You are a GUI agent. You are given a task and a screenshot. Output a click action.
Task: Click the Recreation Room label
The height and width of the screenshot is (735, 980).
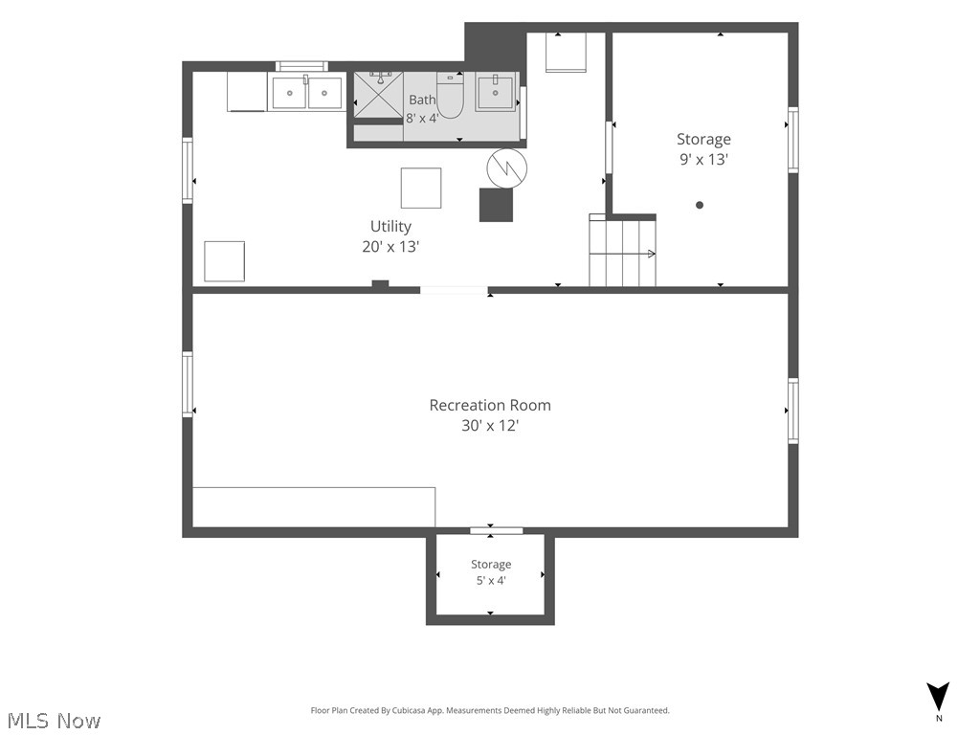pos(490,405)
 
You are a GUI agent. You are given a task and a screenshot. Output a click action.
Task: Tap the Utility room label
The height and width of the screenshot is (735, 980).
pos(390,226)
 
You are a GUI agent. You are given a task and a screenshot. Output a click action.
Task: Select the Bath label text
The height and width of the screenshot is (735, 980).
pos(422,100)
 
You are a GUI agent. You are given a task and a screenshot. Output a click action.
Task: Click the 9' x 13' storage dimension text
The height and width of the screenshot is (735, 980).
pos(703,159)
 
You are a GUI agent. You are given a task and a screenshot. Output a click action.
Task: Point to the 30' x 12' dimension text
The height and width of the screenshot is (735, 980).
pos(490,425)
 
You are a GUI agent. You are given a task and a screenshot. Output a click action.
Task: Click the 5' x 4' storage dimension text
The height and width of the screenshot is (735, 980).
pos(491,580)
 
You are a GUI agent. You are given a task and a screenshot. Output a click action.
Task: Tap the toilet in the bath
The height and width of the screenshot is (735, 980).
pos(450,95)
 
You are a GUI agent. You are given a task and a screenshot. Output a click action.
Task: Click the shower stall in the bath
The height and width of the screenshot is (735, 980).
pos(379,95)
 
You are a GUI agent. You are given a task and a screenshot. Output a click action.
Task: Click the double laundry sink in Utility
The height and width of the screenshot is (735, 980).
pos(306,93)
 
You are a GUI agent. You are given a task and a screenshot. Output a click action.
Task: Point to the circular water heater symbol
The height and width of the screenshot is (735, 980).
pos(507,168)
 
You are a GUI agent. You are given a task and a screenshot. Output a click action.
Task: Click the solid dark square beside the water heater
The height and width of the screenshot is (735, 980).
pos(497,205)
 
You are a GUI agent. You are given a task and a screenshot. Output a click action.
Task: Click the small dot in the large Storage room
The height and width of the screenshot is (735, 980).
pos(700,205)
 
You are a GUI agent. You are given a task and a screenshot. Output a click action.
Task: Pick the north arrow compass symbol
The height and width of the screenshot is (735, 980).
pos(938,697)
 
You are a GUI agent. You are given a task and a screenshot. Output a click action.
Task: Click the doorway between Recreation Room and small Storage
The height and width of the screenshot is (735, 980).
pos(497,531)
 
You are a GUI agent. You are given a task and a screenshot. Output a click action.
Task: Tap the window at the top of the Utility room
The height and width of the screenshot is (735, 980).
pos(301,66)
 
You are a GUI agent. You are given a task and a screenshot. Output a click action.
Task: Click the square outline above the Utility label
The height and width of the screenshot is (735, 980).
pos(421,188)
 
